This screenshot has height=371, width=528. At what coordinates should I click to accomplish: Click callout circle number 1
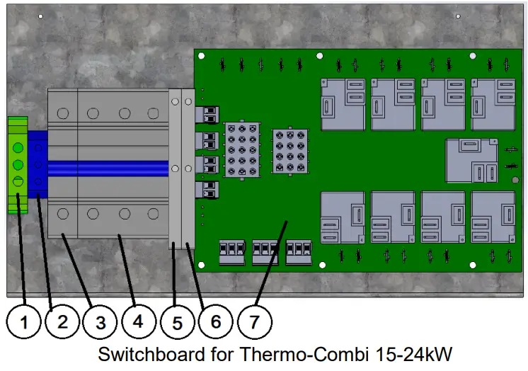coord(25,323)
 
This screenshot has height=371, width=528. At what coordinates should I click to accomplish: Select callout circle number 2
coord(62,323)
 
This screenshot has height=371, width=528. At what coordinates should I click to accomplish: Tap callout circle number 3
coord(101,323)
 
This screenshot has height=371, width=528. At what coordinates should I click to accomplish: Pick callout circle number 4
coord(138,323)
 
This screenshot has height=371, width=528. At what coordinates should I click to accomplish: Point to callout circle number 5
coord(177,323)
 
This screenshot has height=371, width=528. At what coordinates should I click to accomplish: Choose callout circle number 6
coord(215,323)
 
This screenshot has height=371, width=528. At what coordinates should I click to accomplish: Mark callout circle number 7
coord(253,323)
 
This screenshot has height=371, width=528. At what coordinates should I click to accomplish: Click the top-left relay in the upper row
coord(343,104)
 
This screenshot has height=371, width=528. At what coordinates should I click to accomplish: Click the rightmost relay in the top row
coord(493,104)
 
